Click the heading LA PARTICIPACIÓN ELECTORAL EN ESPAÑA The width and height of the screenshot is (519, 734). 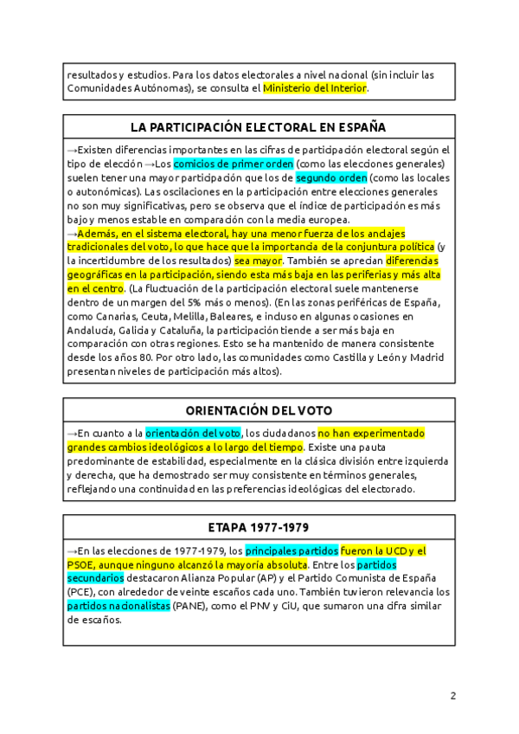click(259, 127)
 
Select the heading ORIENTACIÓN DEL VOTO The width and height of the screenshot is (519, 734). click(259, 410)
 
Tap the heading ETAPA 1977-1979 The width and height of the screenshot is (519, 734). click(259, 527)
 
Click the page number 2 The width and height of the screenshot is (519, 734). click(452, 696)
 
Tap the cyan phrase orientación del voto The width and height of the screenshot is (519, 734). click(193, 433)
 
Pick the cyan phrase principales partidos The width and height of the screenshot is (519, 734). click(292, 550)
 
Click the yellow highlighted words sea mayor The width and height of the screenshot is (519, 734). click(259, 260)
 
